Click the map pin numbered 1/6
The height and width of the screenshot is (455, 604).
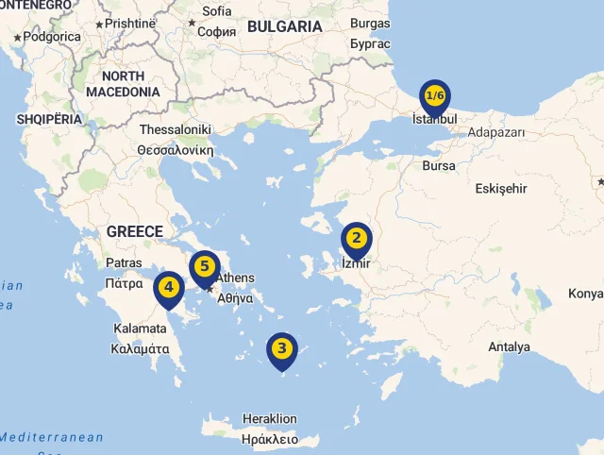[435, 96]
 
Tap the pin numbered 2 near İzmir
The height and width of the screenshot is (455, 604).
[356, 239]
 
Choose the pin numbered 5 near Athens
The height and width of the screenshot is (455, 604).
[204, 268]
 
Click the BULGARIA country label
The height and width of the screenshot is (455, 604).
[284, 26]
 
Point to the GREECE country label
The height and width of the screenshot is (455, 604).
[135, 231]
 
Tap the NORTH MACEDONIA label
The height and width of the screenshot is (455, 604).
[123, 84]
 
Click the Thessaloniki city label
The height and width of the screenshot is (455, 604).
[175, 129]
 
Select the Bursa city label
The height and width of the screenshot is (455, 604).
[439, 165]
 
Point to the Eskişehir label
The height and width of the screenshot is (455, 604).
[500, 189]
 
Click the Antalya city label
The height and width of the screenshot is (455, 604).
[509, 346]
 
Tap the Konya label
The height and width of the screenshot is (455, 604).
[585, 294]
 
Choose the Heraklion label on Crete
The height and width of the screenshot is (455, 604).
[270, 418]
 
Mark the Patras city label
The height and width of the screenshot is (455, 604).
[125, 262]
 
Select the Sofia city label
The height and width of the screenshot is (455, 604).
[216, 11]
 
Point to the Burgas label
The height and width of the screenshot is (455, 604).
[369, 24]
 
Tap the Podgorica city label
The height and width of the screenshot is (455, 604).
[51, 37]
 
